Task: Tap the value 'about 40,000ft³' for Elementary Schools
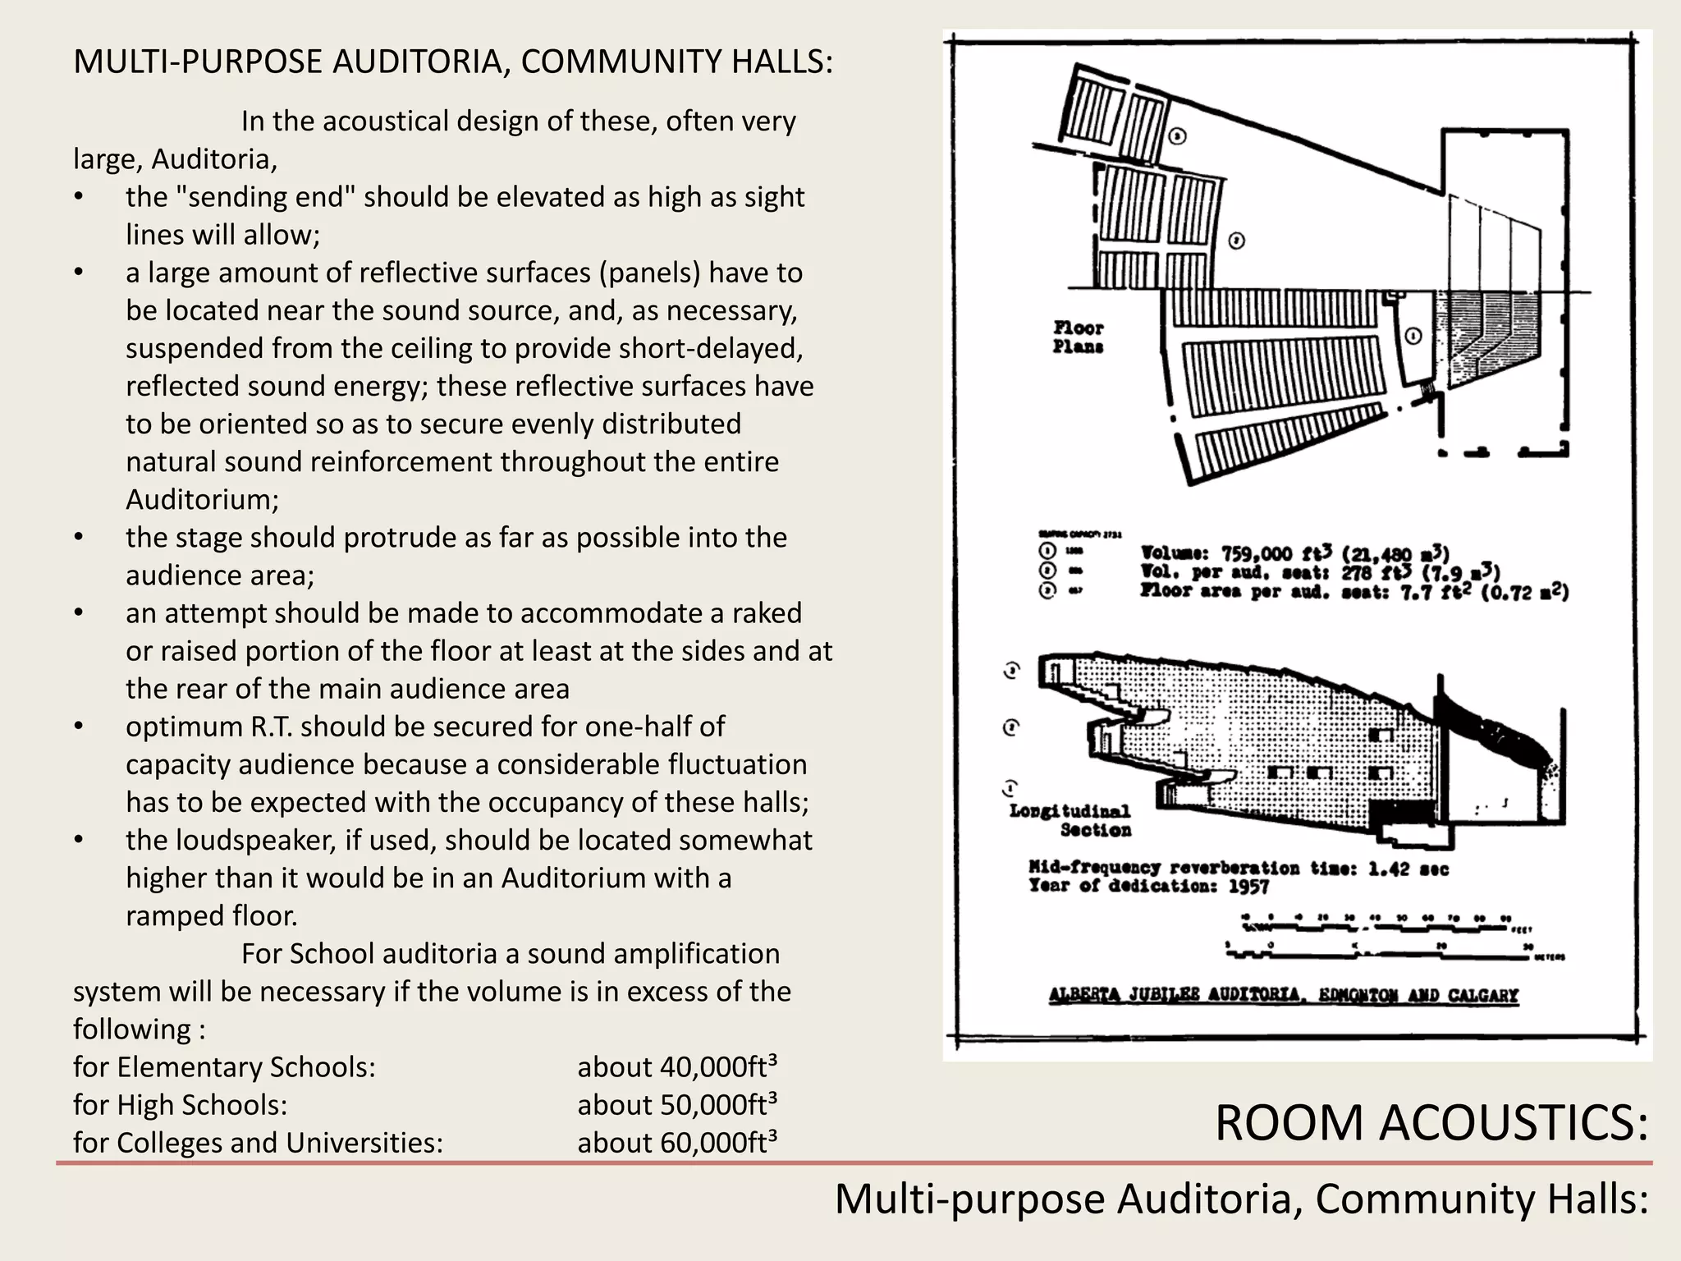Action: click(x=677, y=1066)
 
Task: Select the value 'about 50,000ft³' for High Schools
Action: click(x=677, y=1104)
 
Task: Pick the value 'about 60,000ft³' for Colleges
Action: click(x=677, y=1142)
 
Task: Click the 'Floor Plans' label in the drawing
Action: click(x=1078, y=337)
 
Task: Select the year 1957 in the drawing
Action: click(x=1248, y=887)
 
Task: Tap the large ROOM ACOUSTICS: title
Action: click(x=1431, y=1122)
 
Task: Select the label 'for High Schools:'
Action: click(x=180, y=1104)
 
